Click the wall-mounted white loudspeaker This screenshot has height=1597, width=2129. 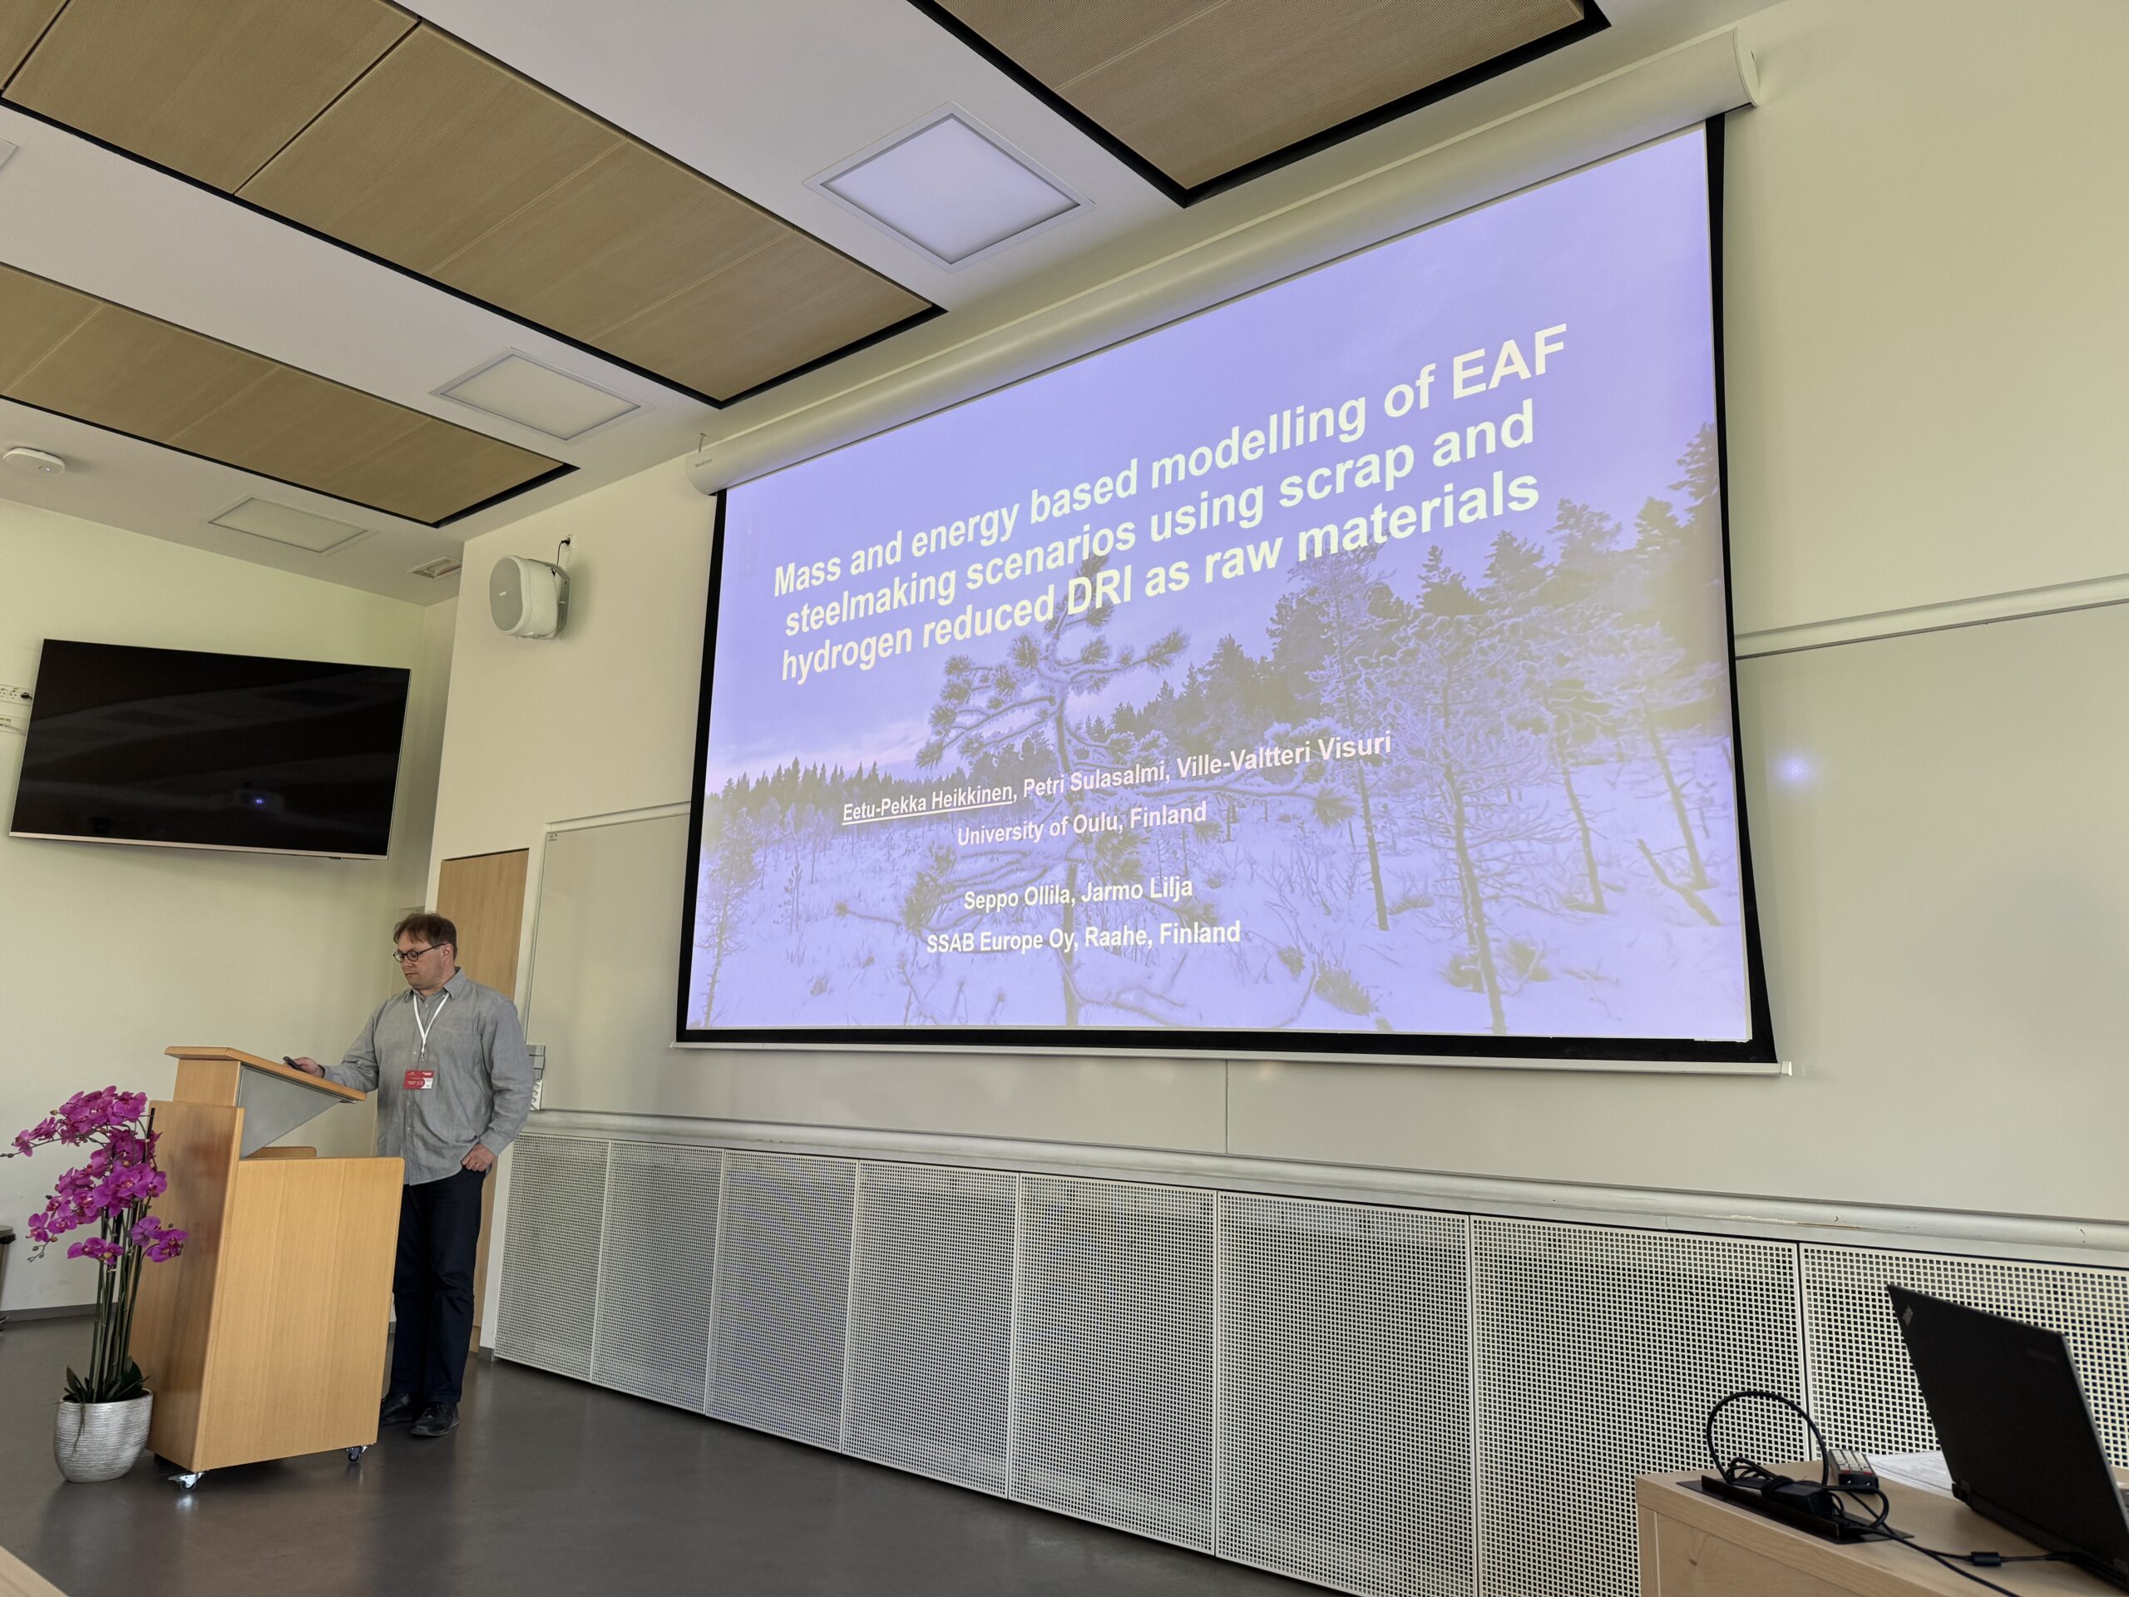[x=527, y=595]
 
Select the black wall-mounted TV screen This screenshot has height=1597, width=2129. [x=208, y=747]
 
